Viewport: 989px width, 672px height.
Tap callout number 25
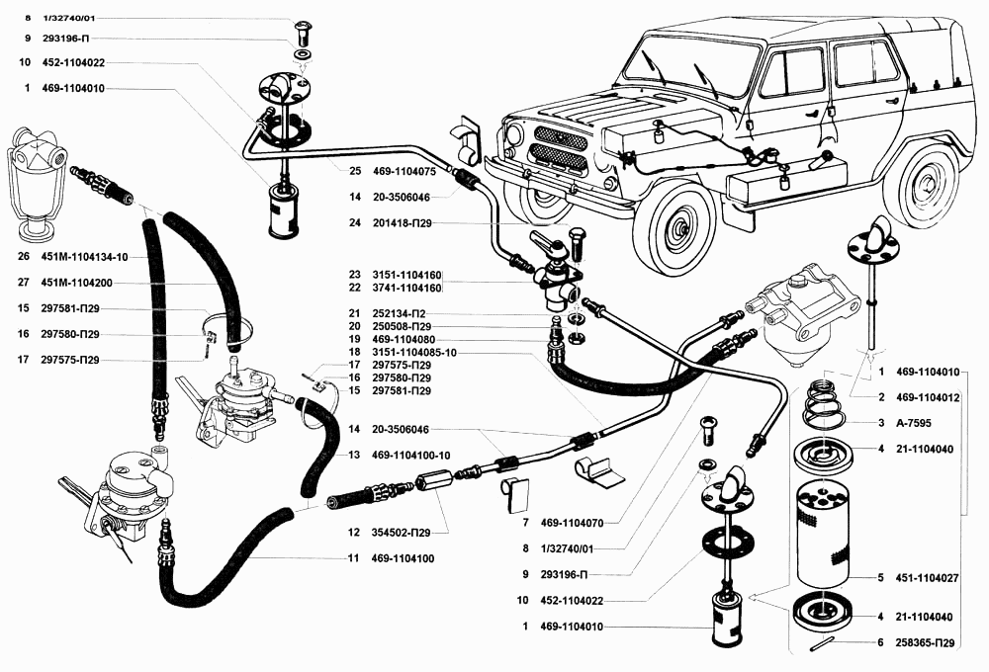tap(354, 170)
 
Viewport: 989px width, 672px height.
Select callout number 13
tap(353, 455)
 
